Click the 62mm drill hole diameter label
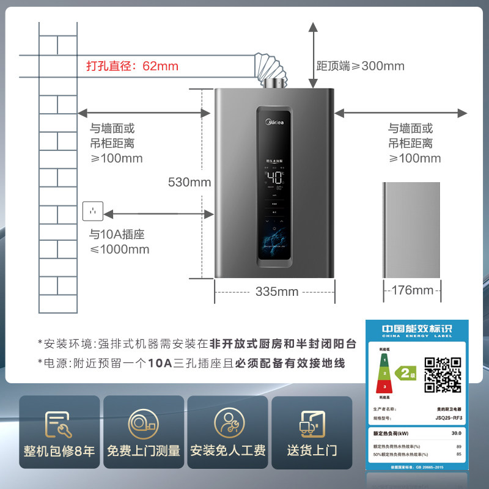coord(131,66)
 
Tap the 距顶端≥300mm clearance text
coord(360,66)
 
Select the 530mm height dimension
coord(189,182)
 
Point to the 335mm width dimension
coord(276,292)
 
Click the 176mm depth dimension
coord(411,290)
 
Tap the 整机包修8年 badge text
coord(59,451)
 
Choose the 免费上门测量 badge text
coord(144,451)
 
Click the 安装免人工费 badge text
coord(227,451)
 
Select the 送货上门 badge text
coord(312,451)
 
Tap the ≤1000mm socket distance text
coord(119,249)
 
